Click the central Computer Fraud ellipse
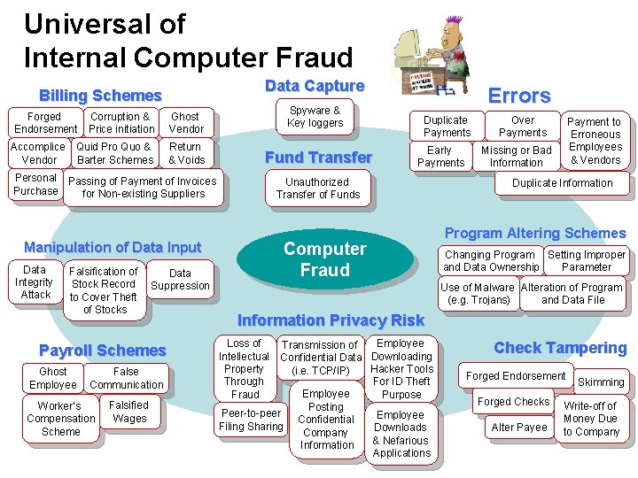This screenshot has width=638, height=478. point(324,259)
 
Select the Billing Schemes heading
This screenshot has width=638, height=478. point(100,96)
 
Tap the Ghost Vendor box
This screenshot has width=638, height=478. point(186,122)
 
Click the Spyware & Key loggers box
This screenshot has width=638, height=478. point(315,117)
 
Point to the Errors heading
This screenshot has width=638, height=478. point(521,96)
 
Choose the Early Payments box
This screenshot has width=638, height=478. point(440,157)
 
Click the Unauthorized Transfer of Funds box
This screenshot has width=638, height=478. point(318,188)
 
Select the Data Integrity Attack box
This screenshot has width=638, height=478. point(35,281)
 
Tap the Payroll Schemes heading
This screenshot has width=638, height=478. point(103,351)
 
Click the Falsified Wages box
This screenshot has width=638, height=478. point(129,412)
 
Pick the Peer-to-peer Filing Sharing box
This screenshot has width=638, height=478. point(251,420)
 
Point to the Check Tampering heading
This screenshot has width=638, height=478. point(559,348)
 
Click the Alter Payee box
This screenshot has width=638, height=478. point(519,428)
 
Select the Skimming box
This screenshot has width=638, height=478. point(600,382)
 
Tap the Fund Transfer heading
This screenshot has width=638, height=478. point(319,158)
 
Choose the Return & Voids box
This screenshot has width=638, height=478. point(185,153)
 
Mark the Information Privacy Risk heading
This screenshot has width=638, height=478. point(331,320)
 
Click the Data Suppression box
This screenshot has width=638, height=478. point(180,280)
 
